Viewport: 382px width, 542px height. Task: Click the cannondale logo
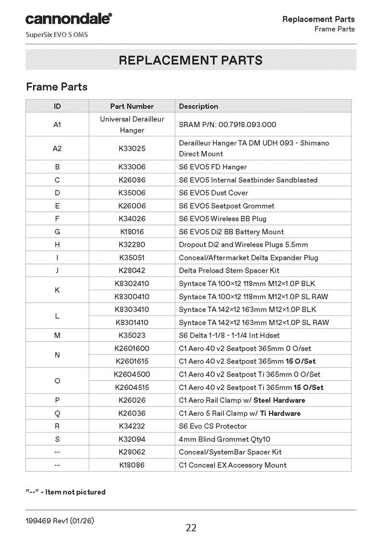[68, 19]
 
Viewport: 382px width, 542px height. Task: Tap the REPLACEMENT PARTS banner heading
[191, 60]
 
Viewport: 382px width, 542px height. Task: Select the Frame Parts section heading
[57, 87]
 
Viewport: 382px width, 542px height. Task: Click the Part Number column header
[132, 106]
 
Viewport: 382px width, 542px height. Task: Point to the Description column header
[198, 106]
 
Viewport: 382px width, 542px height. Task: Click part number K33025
[132, 148]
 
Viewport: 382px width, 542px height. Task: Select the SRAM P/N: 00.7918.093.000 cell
[227, 124]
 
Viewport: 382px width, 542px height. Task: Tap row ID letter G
[57, 232]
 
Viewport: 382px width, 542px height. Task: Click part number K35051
[132, 258]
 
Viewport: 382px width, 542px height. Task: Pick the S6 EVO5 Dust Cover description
[213, 193]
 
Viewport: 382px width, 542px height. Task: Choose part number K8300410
[132, 297]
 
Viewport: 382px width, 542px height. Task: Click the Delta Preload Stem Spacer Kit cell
[229, 271]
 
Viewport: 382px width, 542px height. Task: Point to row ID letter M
[57, 335]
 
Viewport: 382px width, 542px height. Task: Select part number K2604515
[132, 387]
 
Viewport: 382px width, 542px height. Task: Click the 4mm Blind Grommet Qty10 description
[224, 439]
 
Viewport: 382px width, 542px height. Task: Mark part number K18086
[132, 465]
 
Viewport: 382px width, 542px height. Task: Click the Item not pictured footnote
[66, 492]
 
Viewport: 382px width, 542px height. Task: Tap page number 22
[191, 528]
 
